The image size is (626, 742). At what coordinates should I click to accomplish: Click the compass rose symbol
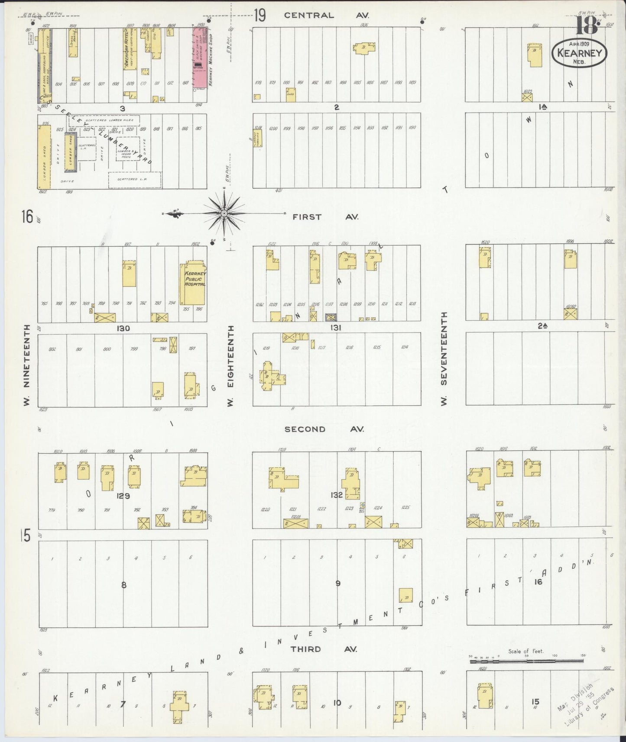(x=224, y=214)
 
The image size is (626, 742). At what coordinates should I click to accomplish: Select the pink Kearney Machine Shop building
(x=200, y=57)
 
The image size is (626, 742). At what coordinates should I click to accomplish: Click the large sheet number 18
(x=587, y=27)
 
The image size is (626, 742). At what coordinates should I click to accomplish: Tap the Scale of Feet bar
(x=527, y=661)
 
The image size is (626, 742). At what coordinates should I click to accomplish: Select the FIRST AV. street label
(x=325, y=217)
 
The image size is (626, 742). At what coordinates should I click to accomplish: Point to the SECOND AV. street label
(x=324, y=429)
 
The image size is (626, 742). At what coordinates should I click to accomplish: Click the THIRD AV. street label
(x=324, y=649)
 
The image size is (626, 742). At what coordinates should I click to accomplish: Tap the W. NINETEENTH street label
(x=27, y=365)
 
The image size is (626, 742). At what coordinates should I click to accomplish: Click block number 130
(x=123, y=329)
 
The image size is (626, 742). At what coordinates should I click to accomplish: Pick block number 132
(x=336, y=495)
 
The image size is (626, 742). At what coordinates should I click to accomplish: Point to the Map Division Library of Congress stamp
(x=587, y=708)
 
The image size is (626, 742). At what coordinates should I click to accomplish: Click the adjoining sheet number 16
(x=27, y=216)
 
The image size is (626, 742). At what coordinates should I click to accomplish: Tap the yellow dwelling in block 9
(x=405, y=595)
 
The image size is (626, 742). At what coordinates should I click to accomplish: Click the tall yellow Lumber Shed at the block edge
(x=44, y=158)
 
